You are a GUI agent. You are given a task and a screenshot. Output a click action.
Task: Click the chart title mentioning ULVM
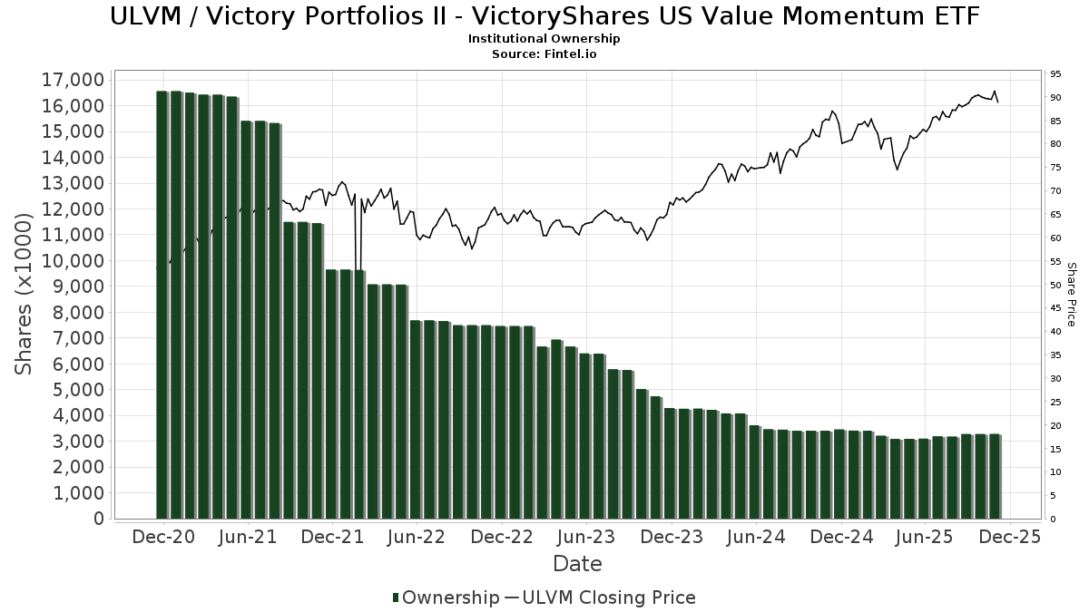click(544, 16)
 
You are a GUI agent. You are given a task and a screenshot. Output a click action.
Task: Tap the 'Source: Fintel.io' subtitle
click(544, 53)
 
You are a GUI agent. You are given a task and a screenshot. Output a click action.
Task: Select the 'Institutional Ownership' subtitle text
click(544, 39)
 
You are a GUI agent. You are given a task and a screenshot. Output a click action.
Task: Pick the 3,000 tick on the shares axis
click(76, 442)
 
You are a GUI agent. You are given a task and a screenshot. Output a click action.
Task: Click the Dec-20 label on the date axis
click(164, 537)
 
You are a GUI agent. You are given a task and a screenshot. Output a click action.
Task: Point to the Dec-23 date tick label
click(671, 537)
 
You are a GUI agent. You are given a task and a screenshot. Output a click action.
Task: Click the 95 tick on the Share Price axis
click(1055, 74)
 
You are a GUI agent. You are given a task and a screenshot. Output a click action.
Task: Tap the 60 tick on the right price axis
click(1055, 238)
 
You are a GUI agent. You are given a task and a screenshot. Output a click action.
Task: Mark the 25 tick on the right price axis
click(1055, 403)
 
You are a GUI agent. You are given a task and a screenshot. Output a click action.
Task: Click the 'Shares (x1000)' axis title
click(25, 295)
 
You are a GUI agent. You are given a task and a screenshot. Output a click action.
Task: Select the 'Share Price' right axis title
click(1072, 295)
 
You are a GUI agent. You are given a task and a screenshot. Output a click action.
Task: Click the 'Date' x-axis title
click(577, 564)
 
